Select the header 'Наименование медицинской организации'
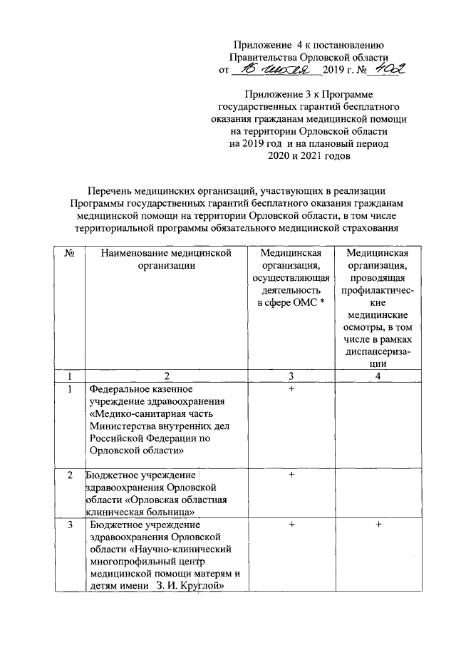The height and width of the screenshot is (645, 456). [167, 259]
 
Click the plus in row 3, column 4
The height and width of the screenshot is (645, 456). [378, 525]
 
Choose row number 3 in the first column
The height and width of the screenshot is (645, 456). [70, 525]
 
